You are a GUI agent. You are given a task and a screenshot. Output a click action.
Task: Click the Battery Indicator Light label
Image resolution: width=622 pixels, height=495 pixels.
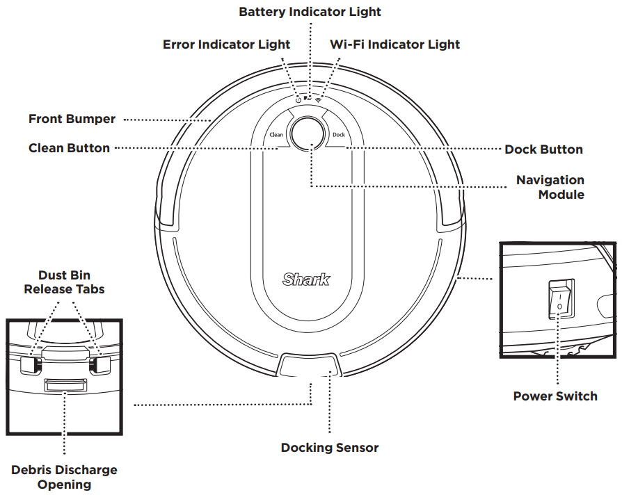pyautogui.click(x=310, y=12)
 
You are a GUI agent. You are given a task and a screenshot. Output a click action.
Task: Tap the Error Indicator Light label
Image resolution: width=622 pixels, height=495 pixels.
pyautogui.click(x=226, y=44)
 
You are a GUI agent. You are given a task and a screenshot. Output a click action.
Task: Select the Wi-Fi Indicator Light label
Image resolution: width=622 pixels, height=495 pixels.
pyautogui.click(x=394, y=44)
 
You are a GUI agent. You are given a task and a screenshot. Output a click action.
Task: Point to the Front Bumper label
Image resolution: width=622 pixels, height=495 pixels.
pyautogui.click(x=72, y=119)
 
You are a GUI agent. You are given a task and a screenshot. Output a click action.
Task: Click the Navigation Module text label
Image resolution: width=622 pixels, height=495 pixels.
pyautogui.click(x=550, y=187)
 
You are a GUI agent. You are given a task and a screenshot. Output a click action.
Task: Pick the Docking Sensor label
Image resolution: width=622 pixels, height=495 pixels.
pyautogui.click(x=330, y=447)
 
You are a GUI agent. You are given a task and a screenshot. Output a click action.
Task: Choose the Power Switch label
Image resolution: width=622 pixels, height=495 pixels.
pyautogui.click(x=555, y=396)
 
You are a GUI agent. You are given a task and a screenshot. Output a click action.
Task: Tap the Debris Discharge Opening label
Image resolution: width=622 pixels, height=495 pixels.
pyautogui.click(x=64, y=477)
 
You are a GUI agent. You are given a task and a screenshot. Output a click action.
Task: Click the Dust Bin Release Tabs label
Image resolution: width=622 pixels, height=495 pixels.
pyautogui.click(x=64, y=282)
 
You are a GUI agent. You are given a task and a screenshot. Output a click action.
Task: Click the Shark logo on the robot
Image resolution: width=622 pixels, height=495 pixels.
pyautogui.click(x=307, y=279)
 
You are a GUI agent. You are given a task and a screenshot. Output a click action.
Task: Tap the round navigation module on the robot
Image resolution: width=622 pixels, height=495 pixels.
pyautogui.click(x=308, y=133)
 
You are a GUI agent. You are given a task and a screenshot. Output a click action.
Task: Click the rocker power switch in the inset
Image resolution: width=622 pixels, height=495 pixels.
pyautogui.click(x=560, y=299)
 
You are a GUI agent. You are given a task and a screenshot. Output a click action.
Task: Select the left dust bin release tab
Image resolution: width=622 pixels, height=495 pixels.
pyautogui.click(x=27, y=364)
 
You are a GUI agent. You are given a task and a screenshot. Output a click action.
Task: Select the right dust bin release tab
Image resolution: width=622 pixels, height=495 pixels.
pyautogui.click(x=104, y=363)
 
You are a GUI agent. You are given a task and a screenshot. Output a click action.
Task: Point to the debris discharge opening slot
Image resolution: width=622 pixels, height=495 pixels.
pyautogui.click(x=65, y=384)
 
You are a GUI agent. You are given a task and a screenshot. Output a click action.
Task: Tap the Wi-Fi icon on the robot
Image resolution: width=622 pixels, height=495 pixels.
pyautogui.click(x=319, y=100)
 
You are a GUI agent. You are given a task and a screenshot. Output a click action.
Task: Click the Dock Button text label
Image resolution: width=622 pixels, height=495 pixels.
pyautogui.click(x=543, y=149)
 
